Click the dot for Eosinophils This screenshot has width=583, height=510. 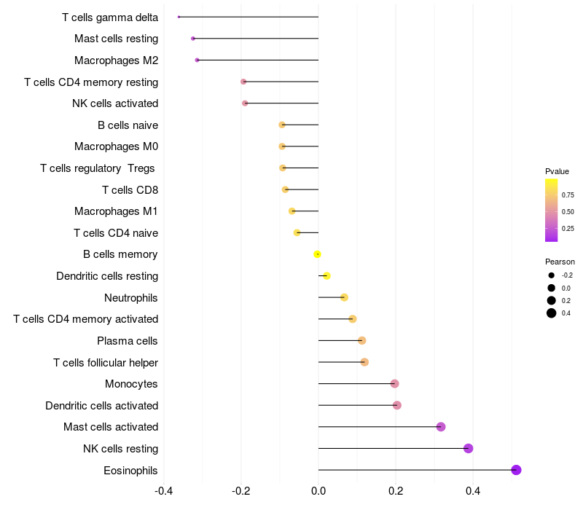tap(516, 470)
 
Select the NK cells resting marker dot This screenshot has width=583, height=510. tap(469, 448)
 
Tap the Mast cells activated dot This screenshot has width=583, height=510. tap(441, 427)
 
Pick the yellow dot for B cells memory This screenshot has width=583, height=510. tap(317, 254)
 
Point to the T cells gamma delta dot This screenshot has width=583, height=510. tap(179, 17)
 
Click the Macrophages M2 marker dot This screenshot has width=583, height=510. tap(197, 60)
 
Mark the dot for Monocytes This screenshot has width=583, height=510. tap(395, 384)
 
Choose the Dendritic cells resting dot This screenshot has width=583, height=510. tap(326, 275)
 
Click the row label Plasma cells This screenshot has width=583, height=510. tap(128, 341)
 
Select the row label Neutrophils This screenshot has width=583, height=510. tap(131, 298)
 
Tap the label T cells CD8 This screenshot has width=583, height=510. tap(130, 190)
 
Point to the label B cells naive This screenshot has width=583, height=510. tap(128, 125)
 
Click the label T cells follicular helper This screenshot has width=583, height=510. tap(106, 363)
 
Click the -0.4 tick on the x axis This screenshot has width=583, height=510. tap(164, 490)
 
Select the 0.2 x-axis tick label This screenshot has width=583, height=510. tap(396, 490)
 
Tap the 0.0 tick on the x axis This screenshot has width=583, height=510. tap(318, 490)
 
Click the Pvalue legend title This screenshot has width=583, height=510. tap(557, 171)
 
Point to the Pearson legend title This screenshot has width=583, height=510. tap(560, 262)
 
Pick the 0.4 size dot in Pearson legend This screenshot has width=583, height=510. tap(552, 313)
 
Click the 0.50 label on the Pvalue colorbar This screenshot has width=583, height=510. tap(568, 212)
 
